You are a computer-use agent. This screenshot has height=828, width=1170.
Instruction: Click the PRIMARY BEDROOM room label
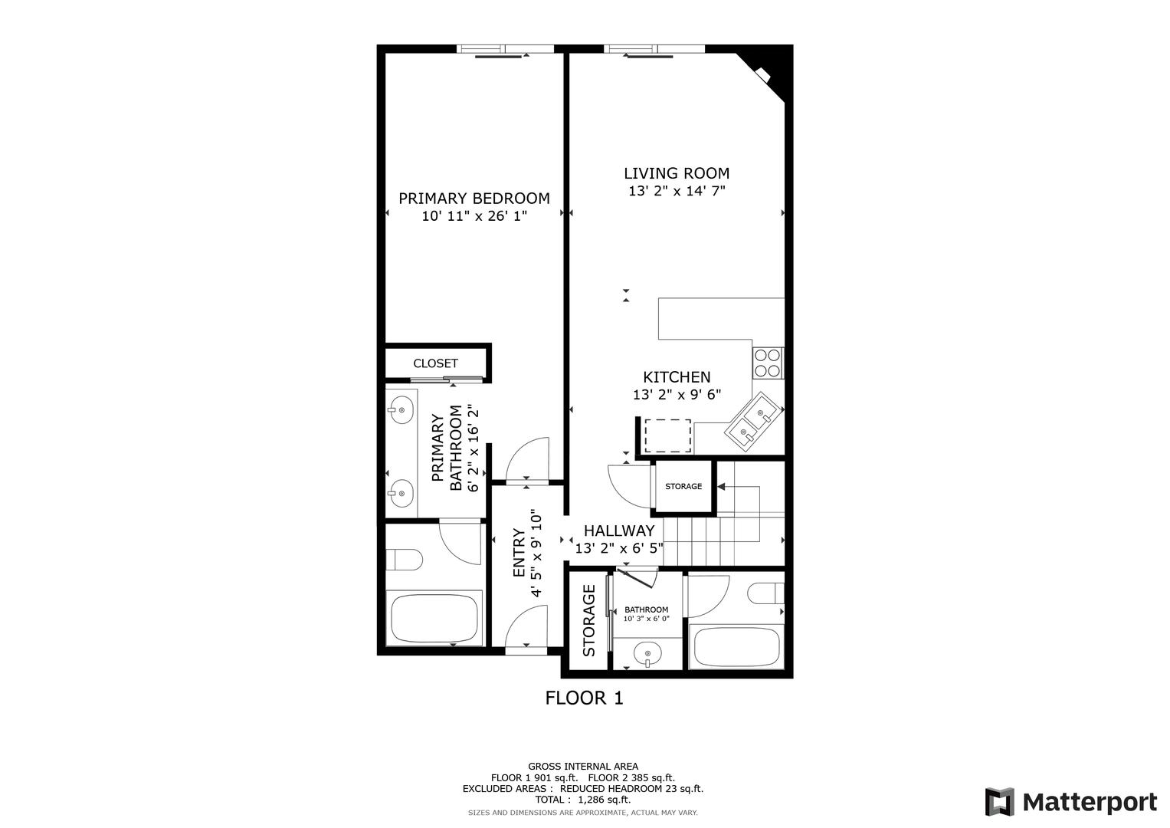474,199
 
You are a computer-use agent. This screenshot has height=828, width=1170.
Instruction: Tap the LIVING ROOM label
677,173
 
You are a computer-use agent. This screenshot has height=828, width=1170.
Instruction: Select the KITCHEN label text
677,377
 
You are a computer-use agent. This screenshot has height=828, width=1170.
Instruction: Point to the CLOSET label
436,363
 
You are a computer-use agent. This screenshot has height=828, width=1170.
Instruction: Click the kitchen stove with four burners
768,363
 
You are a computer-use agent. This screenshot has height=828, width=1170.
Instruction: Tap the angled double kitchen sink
753,422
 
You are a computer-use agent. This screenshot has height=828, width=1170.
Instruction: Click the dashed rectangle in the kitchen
667,435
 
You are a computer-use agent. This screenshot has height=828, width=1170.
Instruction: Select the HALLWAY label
619,531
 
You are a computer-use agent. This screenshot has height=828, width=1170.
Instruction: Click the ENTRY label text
519,553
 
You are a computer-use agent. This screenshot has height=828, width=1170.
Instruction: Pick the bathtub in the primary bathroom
434,618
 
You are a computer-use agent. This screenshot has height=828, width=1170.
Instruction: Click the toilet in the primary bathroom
405,560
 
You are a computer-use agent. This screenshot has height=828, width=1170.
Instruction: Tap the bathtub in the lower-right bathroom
736,646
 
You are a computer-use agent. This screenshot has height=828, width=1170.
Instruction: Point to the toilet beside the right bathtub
765,593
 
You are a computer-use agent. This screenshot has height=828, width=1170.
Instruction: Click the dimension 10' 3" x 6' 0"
646,619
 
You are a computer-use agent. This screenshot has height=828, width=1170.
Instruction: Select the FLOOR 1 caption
585,698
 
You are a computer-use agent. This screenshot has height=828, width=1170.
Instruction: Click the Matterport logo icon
1000,801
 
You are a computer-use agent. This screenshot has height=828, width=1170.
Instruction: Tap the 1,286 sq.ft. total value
605,799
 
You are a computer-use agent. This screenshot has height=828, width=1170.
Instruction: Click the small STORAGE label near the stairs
683,486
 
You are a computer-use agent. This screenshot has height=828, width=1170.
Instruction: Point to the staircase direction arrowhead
721,487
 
